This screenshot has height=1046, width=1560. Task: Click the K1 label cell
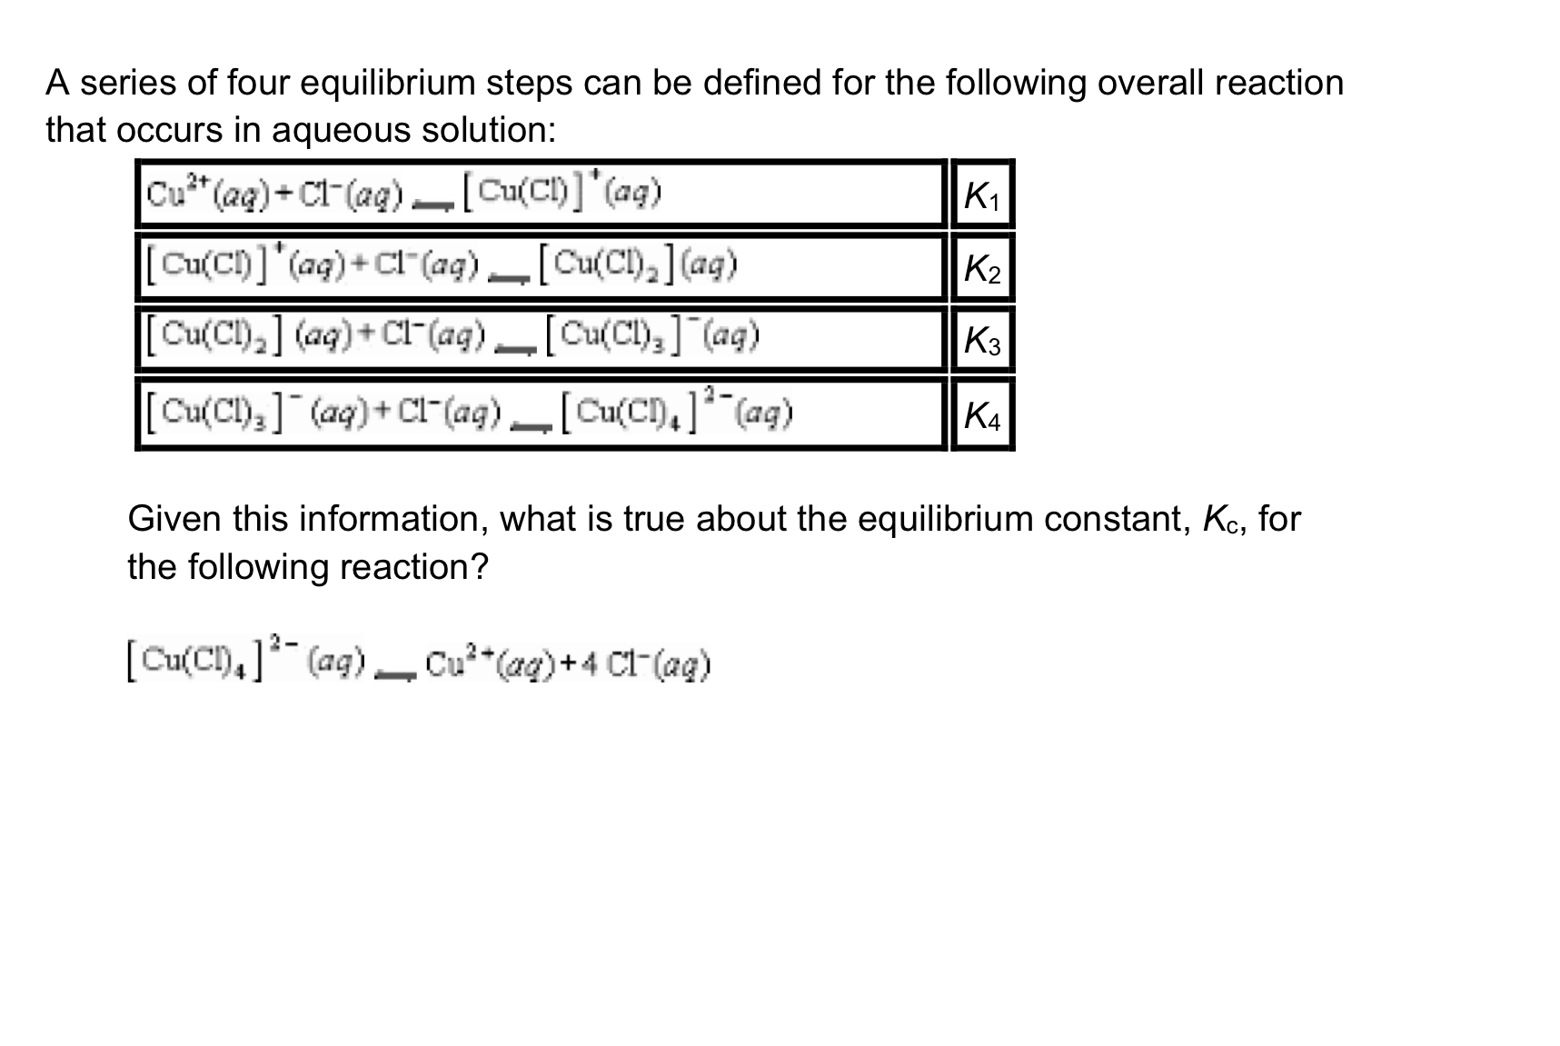click(981, 195)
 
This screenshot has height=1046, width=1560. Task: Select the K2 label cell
click(981, 269)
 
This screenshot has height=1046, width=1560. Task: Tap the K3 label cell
click(981, 342)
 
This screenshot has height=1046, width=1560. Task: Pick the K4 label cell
click(981, 416)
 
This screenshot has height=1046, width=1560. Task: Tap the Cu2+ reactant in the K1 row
click(164, 193)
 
